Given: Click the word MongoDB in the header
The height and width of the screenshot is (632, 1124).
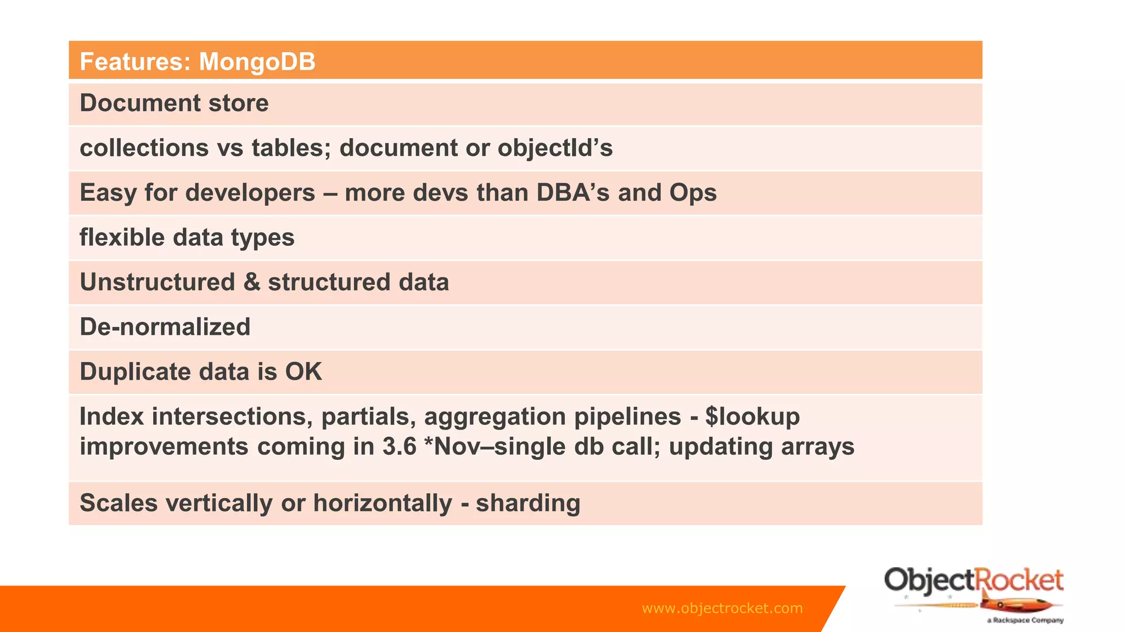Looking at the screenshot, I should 257,61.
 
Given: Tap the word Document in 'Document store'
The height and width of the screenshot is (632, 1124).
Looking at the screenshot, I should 140,103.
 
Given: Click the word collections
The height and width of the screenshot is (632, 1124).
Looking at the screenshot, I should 144,148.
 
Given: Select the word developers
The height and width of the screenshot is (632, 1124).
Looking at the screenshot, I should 243,193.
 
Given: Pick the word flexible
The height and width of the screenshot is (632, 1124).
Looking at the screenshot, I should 122,238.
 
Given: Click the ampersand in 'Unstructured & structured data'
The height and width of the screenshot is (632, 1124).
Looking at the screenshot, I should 251,283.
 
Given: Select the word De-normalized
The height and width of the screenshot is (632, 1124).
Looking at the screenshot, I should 165,328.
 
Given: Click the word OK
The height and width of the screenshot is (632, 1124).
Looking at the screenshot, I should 303,372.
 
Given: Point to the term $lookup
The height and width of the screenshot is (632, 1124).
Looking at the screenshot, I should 752,417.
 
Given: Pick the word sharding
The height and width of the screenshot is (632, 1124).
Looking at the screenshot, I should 527,503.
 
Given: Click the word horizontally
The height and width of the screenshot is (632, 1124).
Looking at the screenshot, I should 382,503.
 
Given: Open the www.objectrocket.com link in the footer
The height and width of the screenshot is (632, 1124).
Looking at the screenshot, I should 722,608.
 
